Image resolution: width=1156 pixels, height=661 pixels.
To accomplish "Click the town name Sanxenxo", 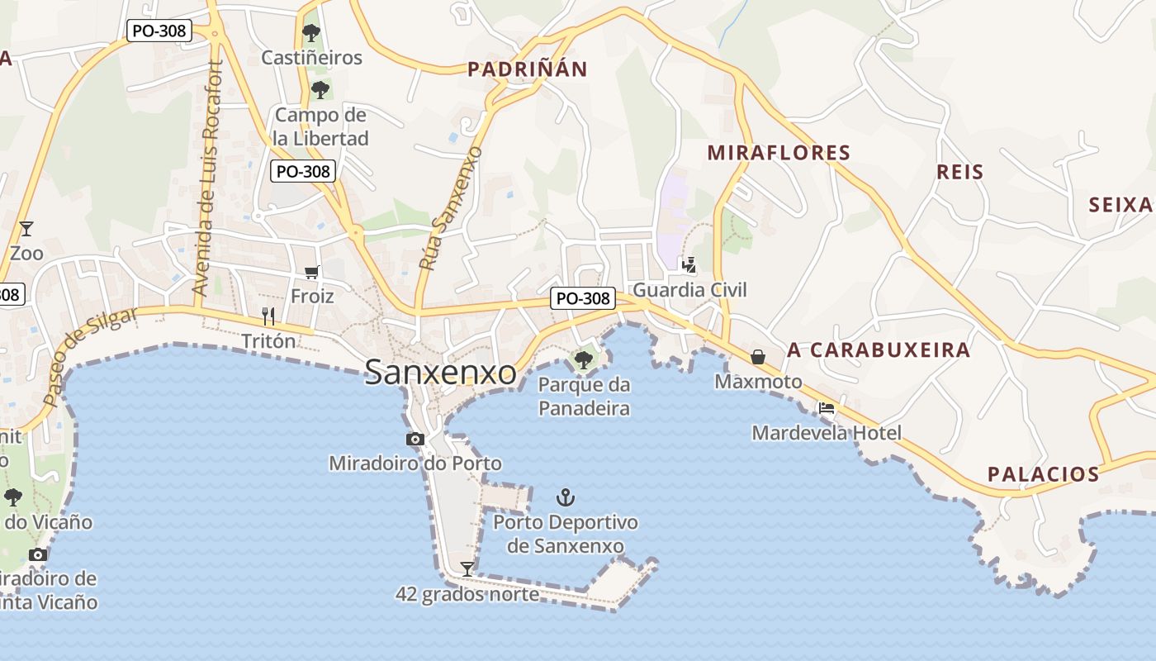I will [x=441, y=372].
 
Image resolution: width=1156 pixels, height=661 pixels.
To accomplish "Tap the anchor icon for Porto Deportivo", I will [x=566, y=497].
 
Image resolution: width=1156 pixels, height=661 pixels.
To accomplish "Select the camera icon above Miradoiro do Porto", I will [x=415, y=439].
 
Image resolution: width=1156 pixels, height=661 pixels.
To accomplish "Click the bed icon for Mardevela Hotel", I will [x=826, y=407].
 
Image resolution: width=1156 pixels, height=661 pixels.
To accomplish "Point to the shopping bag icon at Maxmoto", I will [x=757, y=357].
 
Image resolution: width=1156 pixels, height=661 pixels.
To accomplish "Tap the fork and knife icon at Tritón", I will [x=268, y=316].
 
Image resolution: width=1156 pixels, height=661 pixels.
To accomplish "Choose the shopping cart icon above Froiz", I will [x=311, y=271].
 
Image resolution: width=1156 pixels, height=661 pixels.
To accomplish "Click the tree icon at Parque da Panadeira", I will [x=583, y=359].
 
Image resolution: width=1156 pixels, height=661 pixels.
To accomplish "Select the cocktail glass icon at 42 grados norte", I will [x=467, y=568].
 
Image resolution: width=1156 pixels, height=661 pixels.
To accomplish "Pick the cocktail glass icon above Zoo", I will [x=26, y=228].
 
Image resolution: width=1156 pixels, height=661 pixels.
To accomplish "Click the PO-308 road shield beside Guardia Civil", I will [x=584, y=298].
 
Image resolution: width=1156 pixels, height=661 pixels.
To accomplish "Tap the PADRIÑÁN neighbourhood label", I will [x=527, y=69].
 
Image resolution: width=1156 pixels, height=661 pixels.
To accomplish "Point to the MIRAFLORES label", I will [x=779, y=152].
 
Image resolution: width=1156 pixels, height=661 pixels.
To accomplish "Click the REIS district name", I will [x=960, y=172].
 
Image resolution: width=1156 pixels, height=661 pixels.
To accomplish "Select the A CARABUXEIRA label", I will [x=879, y=350].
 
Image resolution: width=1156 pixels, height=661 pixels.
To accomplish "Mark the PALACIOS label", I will [x=1044, y=474].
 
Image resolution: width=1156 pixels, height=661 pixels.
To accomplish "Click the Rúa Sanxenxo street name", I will [x=450, y=208].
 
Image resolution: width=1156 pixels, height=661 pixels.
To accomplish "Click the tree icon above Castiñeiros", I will [x=311, y=33].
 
